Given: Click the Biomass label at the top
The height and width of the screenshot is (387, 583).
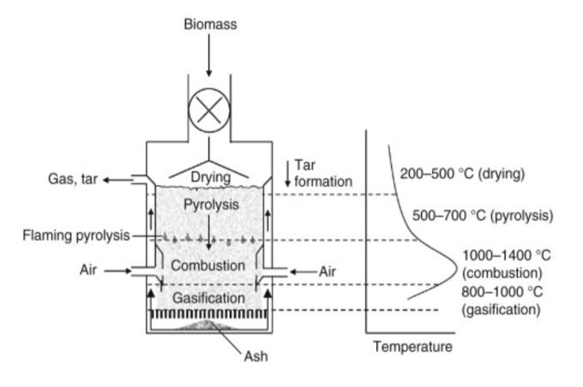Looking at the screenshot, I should pyautogui.click(x=209, y=24).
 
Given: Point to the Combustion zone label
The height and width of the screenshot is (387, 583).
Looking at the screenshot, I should pyautogui.click(x=207, y=265).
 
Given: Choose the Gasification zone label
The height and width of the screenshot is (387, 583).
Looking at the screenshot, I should pyautogui.click(x=208, y=298).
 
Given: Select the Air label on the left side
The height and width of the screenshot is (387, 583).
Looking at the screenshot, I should pyautogui.click(x=89, y=271).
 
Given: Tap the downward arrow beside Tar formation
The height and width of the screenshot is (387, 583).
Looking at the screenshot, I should pyautogui.click(x=287, y=174).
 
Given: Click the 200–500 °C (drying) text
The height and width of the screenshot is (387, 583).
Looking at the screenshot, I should pyautogui.click(x=462, y=174).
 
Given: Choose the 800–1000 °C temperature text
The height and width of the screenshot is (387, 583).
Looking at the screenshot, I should pyautogui.click(x=502, y=292).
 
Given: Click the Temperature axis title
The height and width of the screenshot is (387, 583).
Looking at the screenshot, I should pyautogui.click(x=412, y=347).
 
